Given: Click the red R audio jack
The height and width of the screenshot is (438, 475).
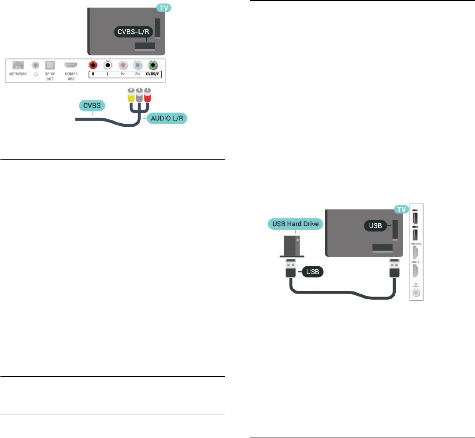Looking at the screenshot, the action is click(x=93, y=65).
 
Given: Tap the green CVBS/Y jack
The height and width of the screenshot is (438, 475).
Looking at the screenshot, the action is click(x=153, y=65).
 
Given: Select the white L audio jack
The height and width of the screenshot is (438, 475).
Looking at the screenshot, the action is click(x=108, y=65).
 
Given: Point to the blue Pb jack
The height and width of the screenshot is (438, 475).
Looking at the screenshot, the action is click(x=137, y=65).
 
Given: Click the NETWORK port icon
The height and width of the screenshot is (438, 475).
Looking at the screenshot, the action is click(x=19, y=65).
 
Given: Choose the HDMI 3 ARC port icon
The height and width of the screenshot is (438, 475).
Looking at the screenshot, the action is click(x=71, y=65).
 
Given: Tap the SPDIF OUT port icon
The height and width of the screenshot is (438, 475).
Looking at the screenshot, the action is click(x=49, y=65).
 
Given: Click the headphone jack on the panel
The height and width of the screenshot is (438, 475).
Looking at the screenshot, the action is click(x=35, y=65).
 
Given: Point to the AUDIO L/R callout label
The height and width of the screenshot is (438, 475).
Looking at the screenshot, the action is click(x=167, y=119).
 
